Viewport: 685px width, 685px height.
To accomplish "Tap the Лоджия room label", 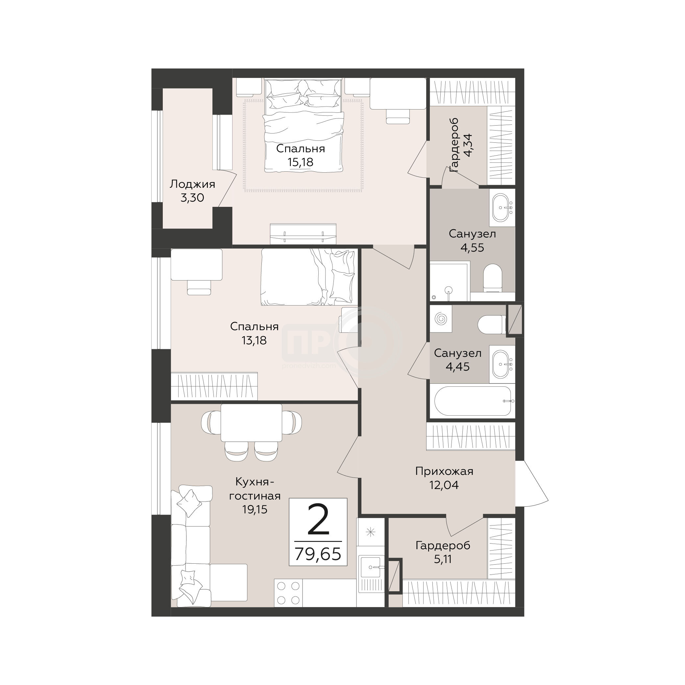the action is [192, 184].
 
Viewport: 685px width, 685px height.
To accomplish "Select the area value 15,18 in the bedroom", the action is [300, 162].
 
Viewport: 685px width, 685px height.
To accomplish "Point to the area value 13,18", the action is [254, 340].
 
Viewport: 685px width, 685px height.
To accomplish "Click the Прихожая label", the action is [444, 471].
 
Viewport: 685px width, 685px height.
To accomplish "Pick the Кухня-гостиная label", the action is [255, 489].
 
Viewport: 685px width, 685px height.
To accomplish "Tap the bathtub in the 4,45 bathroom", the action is [473, 401].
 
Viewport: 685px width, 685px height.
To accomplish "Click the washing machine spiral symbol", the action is [441, 319].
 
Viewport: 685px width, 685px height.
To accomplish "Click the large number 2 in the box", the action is [318, 520].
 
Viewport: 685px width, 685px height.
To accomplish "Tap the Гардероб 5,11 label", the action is [443, 552].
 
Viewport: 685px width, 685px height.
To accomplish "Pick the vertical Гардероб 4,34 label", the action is [461, 145].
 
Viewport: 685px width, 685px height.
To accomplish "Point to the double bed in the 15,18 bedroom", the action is [304, 126].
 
